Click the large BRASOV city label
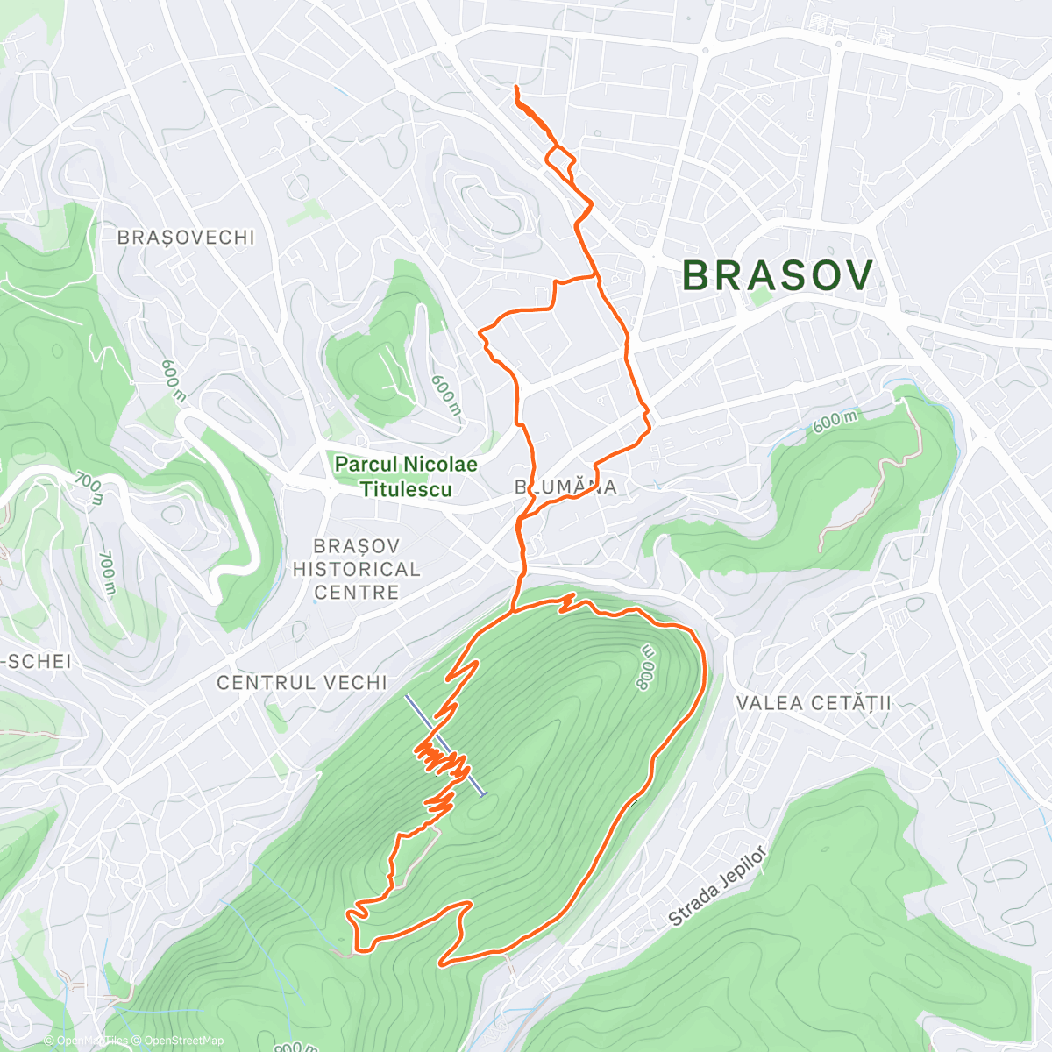tap(778, 275)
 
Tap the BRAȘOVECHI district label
tap(186, 238)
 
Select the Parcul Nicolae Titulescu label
tap(406, 477)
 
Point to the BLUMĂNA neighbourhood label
tap(566, 487)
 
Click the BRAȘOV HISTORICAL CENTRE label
tap(356, 569)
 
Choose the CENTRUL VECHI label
tap(302, 682)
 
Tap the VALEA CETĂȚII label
tap(814, 703)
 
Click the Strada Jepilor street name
tap(717, 887)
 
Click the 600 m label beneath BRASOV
tap(835, 421)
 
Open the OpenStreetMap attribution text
tap(181, 1041)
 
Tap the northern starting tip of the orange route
tap(515, 87)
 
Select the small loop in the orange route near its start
tap(559, 158)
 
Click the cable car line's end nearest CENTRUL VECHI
tap(407, 698)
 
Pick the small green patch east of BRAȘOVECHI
tap(304, 211)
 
